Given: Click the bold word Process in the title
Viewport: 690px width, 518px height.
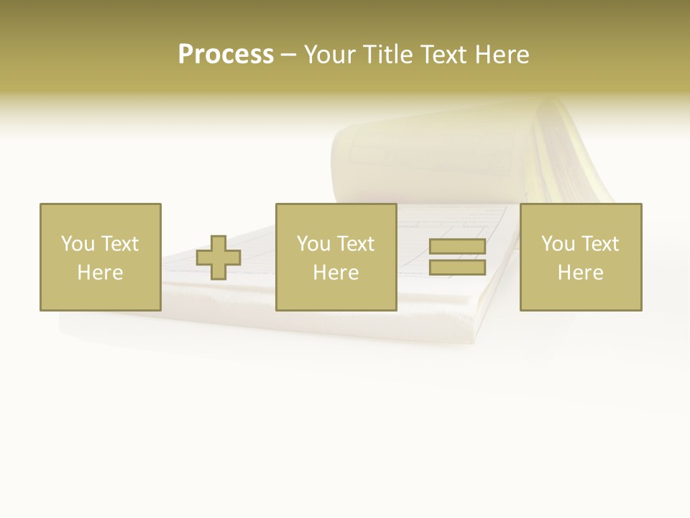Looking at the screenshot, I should pos(226,55).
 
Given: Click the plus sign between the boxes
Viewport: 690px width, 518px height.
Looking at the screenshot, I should pos(218,258).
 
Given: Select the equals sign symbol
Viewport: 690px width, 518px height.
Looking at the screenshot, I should pos(457,257).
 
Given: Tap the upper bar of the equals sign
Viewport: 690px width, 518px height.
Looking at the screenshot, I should pos(457,247).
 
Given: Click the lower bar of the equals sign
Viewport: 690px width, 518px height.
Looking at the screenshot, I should pos(457,267).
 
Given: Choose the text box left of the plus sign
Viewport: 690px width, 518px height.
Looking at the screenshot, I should pos(100,257).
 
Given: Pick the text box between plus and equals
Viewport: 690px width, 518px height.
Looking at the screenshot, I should pos(336,257).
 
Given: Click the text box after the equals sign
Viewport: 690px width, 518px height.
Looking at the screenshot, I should pos(580,257).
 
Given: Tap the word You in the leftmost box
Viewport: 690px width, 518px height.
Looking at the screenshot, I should pos(78,244).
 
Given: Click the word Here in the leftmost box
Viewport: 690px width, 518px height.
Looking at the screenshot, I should pos(100,273).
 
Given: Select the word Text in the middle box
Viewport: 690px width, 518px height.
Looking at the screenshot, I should pos(355,244).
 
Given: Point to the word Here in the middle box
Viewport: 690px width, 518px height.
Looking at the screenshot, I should pos(336,273).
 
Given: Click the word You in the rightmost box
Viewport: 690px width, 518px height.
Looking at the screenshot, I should pos(558,244).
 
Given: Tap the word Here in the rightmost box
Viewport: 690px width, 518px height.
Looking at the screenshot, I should pos(580,273).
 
